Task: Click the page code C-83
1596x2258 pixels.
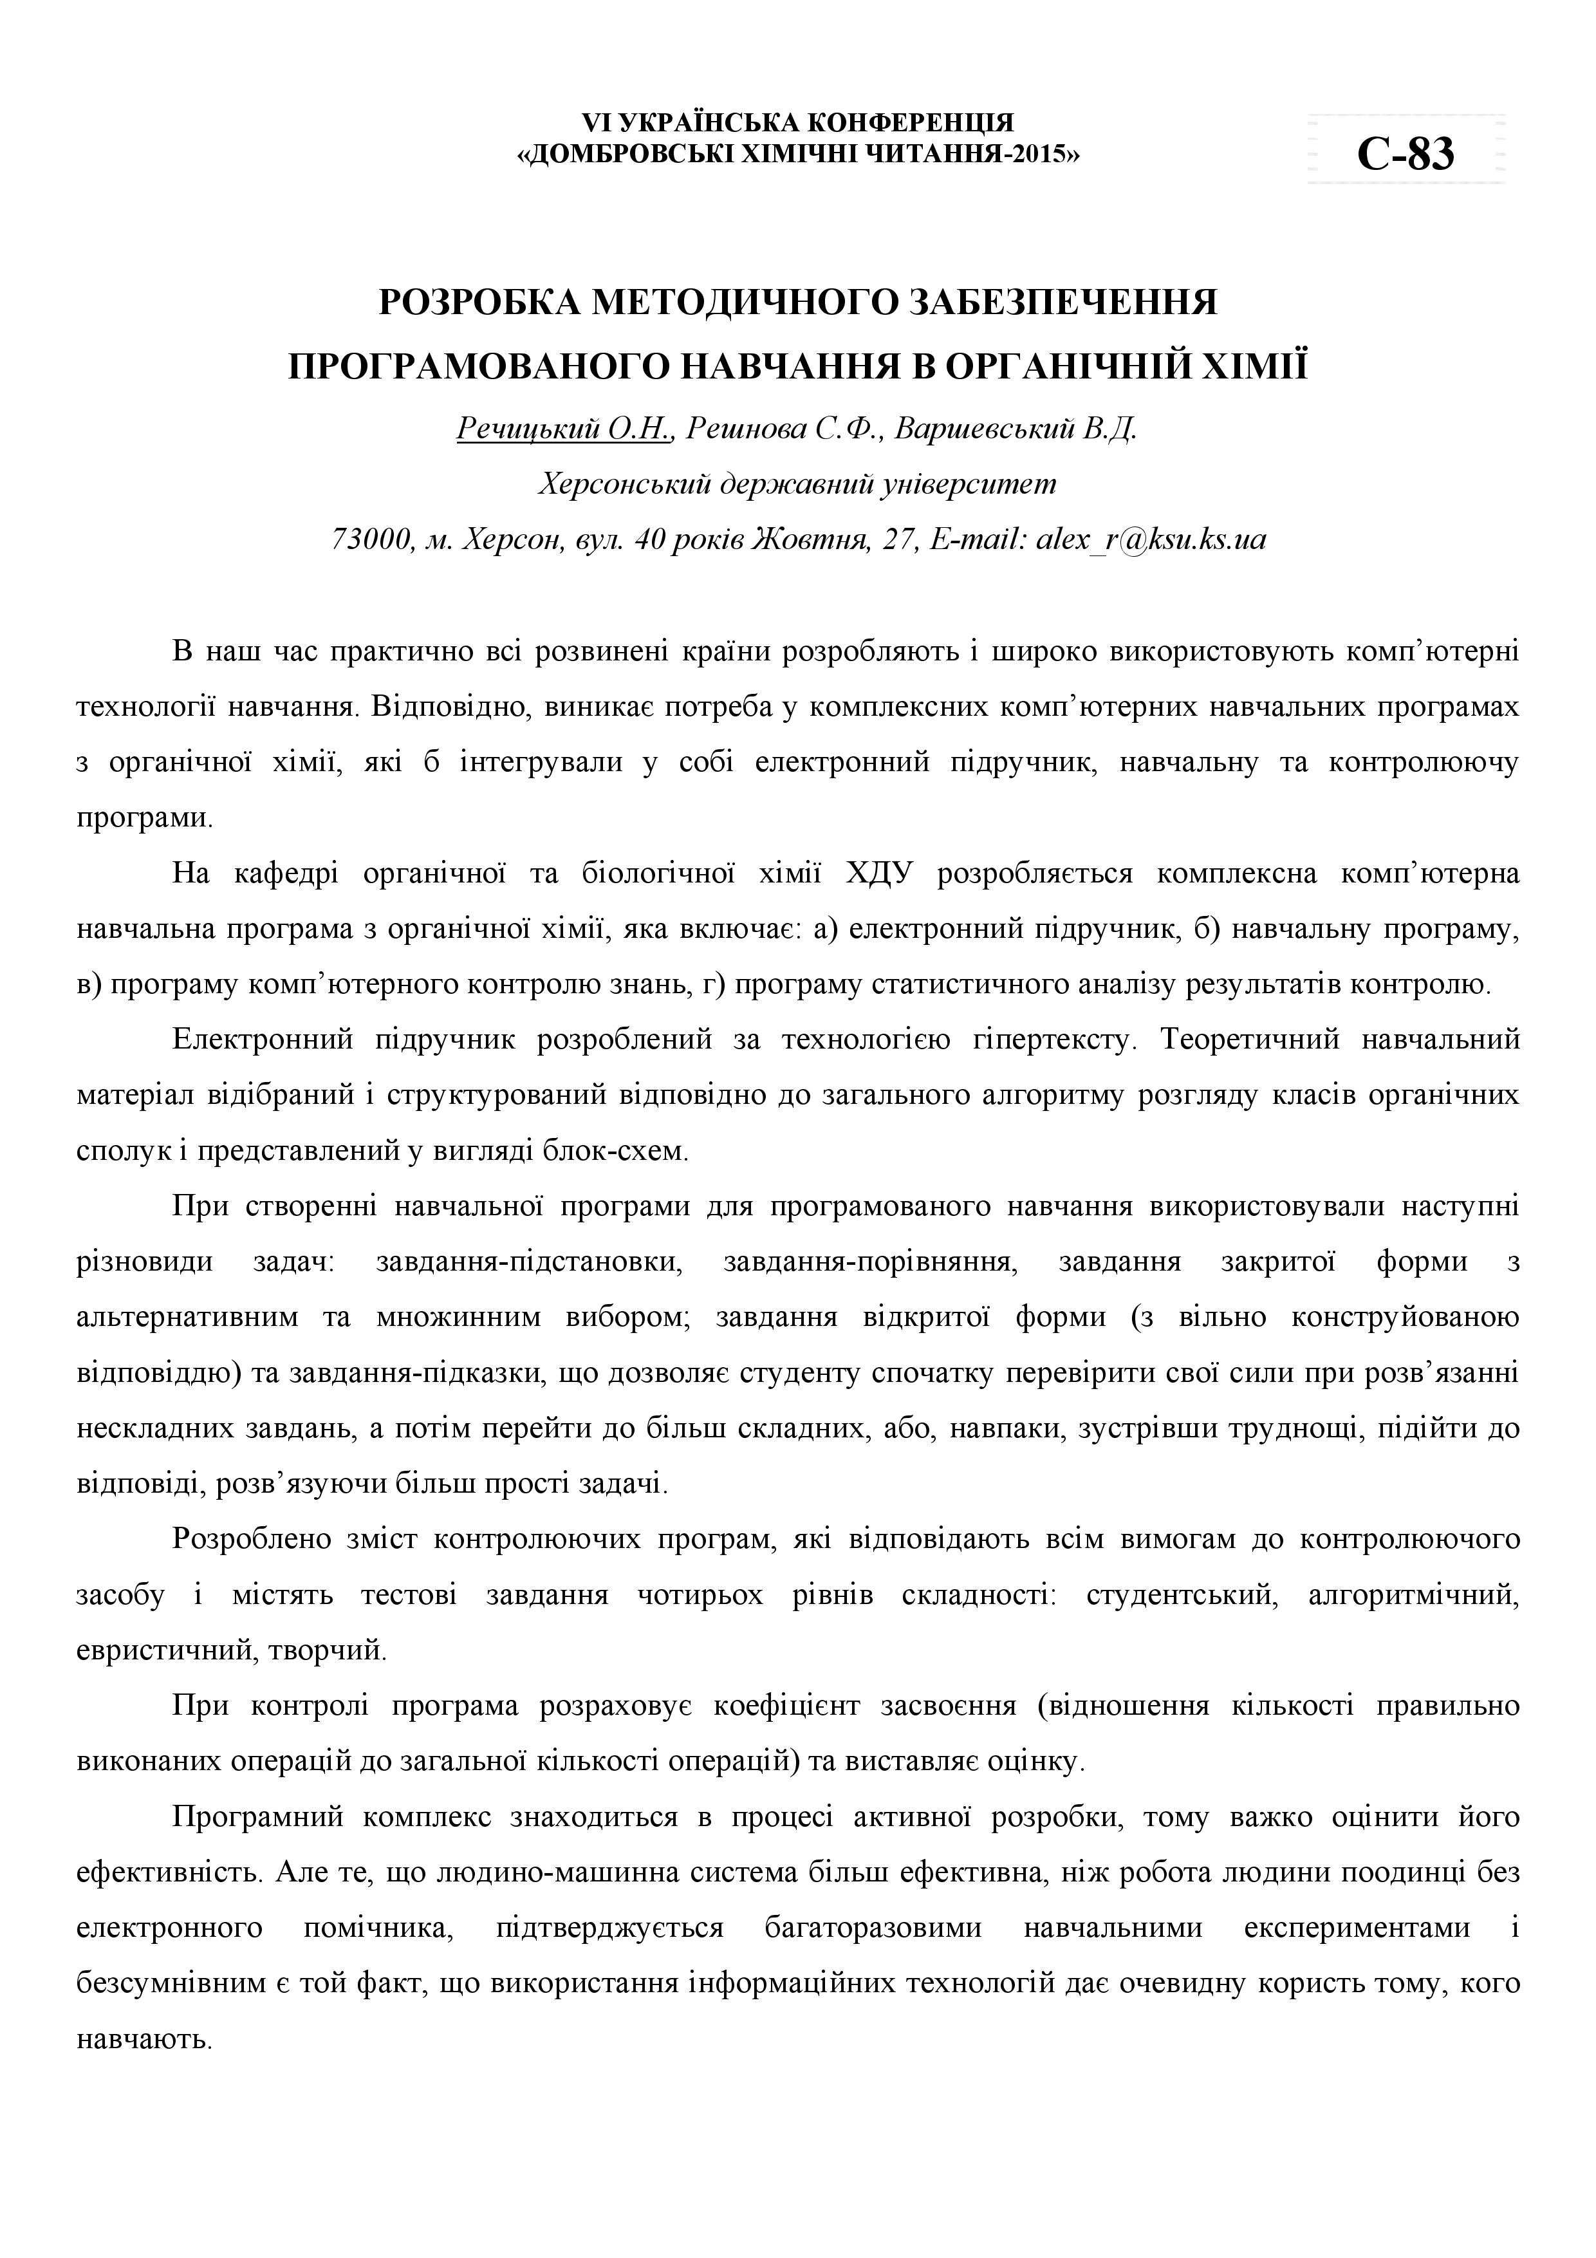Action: click(1406, 153)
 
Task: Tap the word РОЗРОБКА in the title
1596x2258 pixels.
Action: click(477, 302)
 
